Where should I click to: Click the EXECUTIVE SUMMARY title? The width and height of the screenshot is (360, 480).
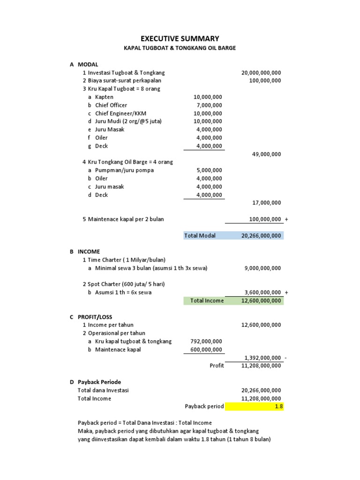(180, 38)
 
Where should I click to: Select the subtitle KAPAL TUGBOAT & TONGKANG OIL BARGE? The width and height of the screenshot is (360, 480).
(180, 48)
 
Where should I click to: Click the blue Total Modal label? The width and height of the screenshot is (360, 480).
(200, 236)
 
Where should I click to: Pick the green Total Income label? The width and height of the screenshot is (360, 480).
(207, 300)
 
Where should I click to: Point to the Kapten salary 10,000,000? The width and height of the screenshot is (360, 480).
(208, 97)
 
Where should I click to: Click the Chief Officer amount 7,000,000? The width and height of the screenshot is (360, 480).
(209, 105)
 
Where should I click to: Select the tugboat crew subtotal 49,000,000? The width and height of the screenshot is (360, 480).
(267, 154)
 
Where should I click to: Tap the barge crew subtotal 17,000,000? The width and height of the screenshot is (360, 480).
(267, 203)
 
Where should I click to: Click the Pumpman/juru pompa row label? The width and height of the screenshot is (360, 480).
(124, 170)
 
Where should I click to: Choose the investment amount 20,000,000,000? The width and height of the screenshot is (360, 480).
(261, 73)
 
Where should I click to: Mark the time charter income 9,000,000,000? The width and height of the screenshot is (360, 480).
(262, 268)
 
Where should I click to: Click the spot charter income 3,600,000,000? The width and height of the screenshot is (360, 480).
(262, 292)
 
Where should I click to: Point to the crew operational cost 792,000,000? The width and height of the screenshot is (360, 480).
(206, 341)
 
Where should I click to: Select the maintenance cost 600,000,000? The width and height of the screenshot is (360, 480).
(206, 349)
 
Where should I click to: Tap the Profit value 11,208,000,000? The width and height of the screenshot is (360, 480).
(261, 366)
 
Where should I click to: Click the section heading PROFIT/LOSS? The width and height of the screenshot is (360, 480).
(95, 317)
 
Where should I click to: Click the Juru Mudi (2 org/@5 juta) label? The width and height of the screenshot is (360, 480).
(128, 121)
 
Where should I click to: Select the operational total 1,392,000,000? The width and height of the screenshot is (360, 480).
(262, 358)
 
